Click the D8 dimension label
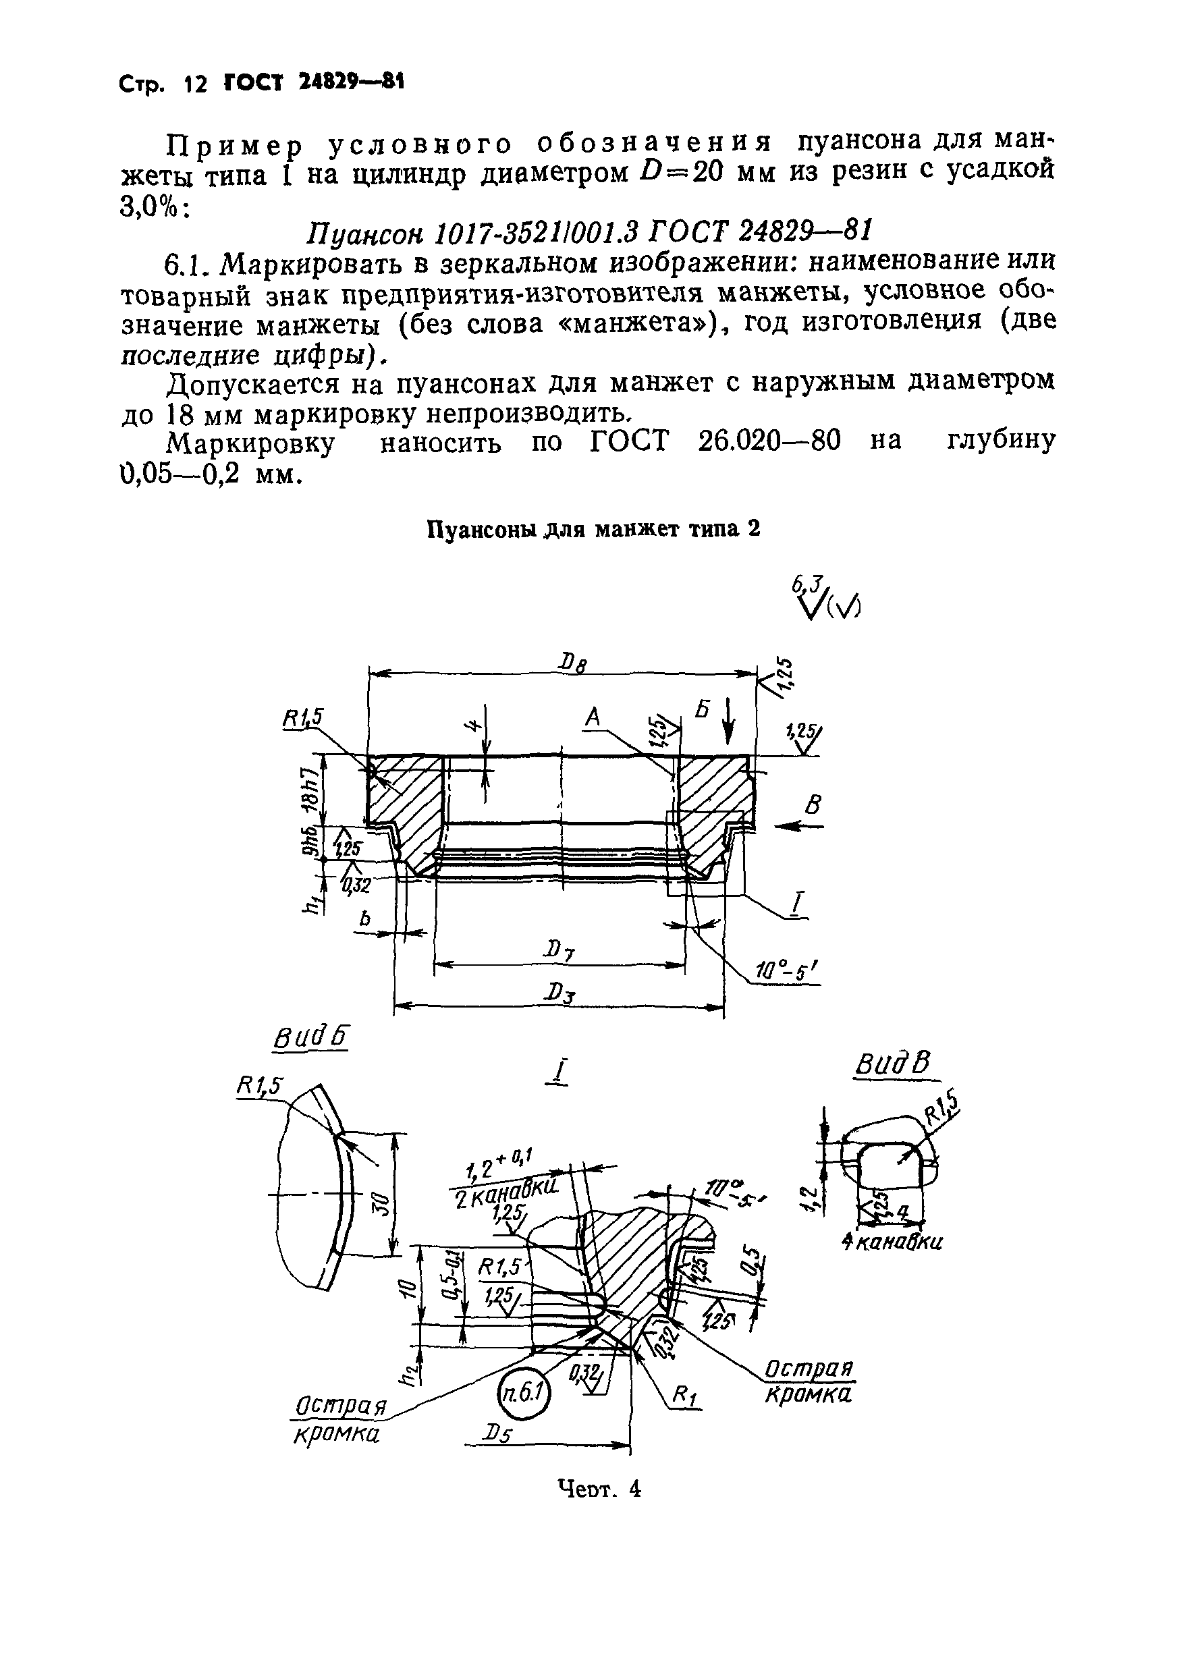pyautogui.click(x=572, y=664)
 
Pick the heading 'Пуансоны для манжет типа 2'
pyautogui.click(x=594, y=530)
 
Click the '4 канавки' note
pyautogui.click(x=892, y=1242)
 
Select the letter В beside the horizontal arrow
pyautogui.click(x=813, y=804)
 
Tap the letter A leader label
pyautogui.click(x=593, y=717)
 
